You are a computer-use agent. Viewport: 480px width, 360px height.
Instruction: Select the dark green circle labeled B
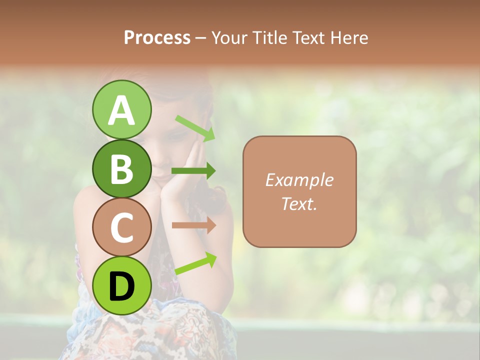(x=121, y=168)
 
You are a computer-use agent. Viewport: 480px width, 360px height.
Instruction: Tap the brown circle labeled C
(x=121, y=227)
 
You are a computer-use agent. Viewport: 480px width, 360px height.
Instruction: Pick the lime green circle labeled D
(x=121, y=285)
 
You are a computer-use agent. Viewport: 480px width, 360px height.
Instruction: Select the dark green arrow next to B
(x=193, y=171)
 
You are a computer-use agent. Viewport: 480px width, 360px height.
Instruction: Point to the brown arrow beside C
(x=193, y=225)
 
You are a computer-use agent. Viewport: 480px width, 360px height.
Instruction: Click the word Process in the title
(x=157, y=37)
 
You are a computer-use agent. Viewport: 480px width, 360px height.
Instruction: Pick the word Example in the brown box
(x=299, y=180)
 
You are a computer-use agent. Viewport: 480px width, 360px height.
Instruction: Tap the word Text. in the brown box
(x=299, y=203)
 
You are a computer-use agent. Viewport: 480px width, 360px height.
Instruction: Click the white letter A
(x=121, y=110)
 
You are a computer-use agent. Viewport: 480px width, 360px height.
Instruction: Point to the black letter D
(x=121, y=286)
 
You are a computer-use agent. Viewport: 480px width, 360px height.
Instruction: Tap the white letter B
(x=121, y=169)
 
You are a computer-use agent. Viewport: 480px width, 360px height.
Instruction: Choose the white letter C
(x=121, y=227)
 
